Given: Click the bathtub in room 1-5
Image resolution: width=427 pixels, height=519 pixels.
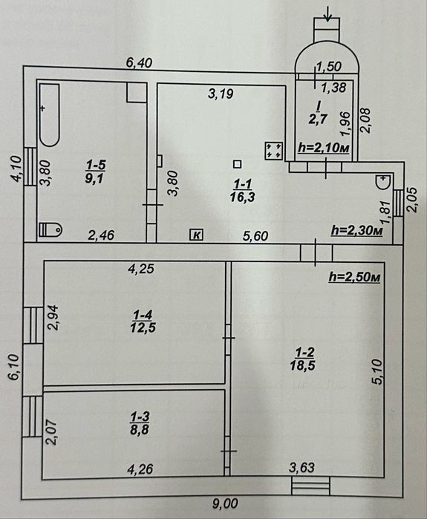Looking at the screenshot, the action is click(50, 114).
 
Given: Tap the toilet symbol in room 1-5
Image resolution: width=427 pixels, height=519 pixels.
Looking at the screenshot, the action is click(50, 229).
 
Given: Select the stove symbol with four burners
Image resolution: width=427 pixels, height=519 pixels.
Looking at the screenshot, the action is click(274, 150).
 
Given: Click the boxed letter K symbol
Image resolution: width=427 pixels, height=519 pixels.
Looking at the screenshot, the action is click(196, 235).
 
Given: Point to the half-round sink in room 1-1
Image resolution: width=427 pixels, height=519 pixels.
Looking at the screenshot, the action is click(383, 182).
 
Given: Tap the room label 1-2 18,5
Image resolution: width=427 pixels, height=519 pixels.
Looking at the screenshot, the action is click(303, 359).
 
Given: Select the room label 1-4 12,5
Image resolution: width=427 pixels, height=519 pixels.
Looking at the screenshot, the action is click(143, 321).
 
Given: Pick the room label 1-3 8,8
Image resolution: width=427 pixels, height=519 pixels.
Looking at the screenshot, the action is click(140, 423).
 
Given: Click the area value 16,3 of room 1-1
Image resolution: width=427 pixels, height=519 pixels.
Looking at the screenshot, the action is click(243, 198).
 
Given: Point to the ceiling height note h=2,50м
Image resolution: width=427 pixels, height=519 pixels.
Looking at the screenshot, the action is click(354, 277).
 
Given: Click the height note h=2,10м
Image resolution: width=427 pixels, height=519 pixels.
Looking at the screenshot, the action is click(324, 148).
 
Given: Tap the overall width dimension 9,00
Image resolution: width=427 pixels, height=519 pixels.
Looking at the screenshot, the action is click(225, 503).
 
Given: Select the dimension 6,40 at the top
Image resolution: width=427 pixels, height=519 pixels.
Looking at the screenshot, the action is click(140, 62).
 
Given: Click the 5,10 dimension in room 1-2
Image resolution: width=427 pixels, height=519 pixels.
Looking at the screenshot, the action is click(378, 372).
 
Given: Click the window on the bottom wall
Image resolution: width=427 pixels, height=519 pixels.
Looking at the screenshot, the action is click(311, 486).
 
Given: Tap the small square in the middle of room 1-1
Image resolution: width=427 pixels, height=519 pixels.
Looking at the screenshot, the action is click(237, 164).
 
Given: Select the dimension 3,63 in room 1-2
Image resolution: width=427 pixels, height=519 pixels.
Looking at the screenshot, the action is click(301, 468).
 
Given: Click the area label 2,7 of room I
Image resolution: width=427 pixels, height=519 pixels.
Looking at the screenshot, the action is click(318, 119).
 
